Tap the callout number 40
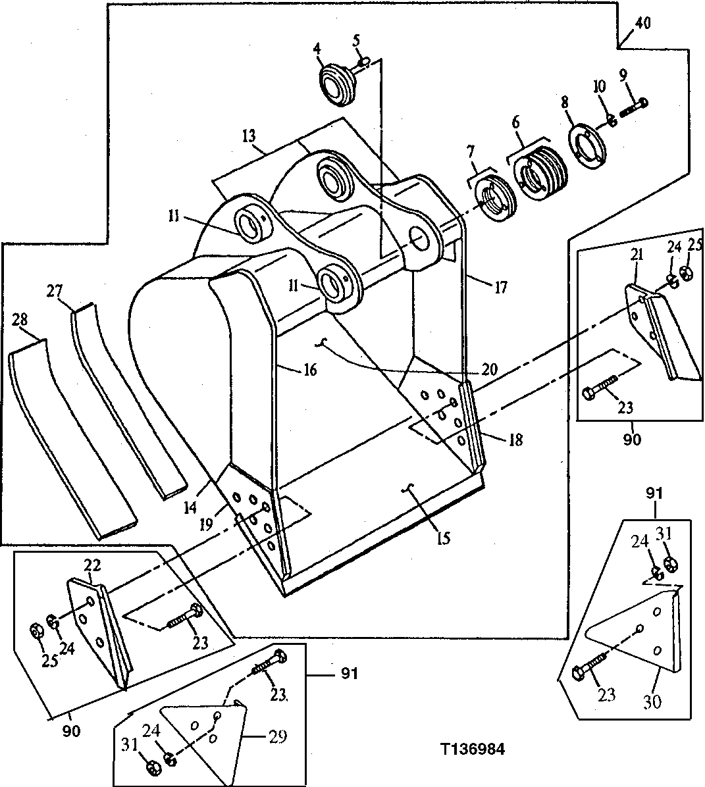pos(642,24)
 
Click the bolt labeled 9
pos(634,105)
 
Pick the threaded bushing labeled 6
pos(540,169)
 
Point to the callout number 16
pos(309,370)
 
